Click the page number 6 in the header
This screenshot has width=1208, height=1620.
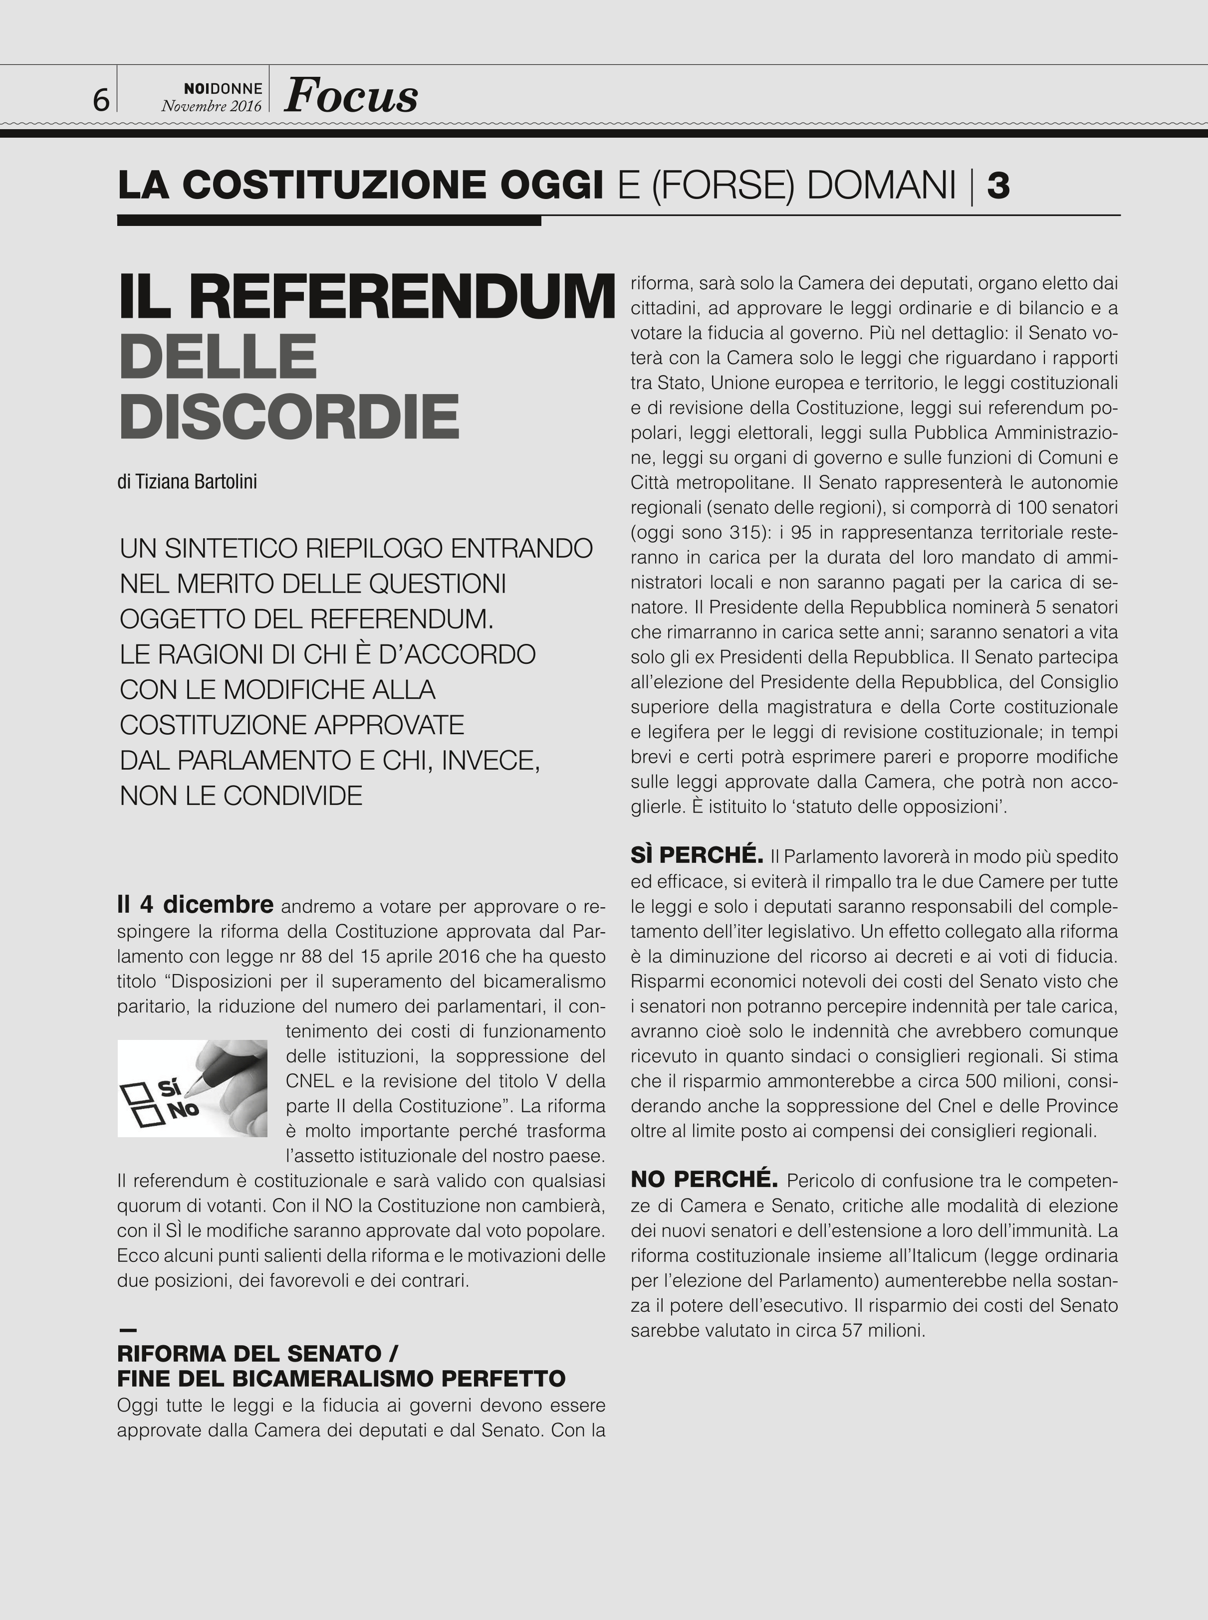point(101,99)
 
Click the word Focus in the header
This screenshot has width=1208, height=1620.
point(351,95)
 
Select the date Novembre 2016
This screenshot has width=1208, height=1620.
point(212,105)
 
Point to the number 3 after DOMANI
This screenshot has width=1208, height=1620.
point(998,185)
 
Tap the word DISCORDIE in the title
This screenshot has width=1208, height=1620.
point(289,416)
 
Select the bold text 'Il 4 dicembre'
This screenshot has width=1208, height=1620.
point(195,905)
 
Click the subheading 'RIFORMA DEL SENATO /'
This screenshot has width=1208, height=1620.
point(257,1353)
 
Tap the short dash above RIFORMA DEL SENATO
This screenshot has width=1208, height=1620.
point(127,1330)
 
